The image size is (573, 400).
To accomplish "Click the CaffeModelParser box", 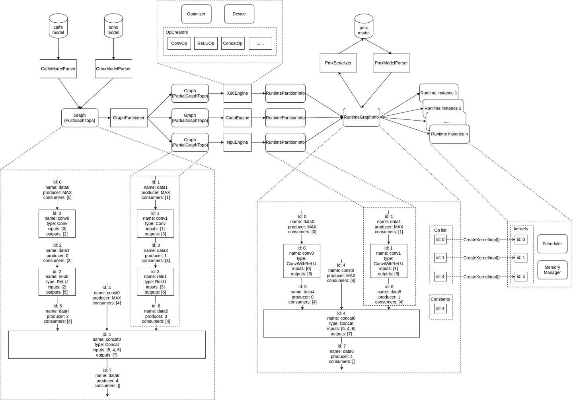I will point(58,69).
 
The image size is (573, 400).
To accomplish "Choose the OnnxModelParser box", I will point(113,69).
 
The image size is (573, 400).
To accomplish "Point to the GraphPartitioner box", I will point(129,118).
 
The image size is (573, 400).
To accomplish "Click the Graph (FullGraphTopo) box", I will point(80,118).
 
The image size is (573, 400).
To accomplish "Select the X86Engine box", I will point(237,94).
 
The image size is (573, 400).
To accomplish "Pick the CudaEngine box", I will point(237,118).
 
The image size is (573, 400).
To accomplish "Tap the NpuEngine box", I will point(237,142).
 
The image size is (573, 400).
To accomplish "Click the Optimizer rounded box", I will point(196,14).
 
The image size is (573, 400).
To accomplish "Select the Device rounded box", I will point(239,14).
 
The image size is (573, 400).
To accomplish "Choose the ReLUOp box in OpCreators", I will point(206,43).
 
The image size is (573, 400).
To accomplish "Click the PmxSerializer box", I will point(338,63).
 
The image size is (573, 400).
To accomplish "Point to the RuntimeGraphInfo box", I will point(361,117).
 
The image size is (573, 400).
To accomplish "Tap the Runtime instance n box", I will point(449,135).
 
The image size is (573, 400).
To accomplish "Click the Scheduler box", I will point(552,244).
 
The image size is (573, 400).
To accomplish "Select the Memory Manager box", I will point(552,270).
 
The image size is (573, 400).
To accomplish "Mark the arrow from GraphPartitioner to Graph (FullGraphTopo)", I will point(104,118).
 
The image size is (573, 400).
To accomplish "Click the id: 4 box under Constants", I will point(440,308).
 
